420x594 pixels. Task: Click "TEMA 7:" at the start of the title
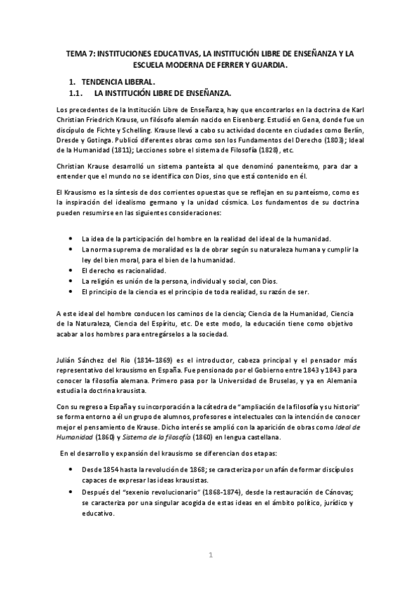[78, 53]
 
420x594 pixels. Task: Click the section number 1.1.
[74, 93]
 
